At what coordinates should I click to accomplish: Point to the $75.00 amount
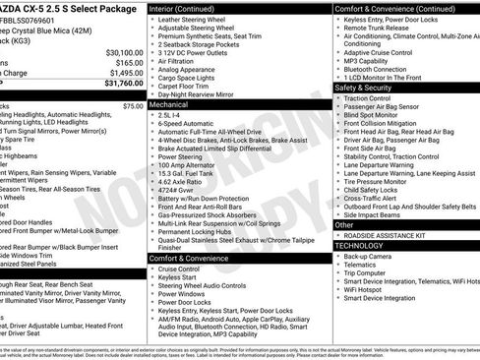pos(133,105)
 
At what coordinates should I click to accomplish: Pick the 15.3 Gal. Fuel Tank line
pos(189,174)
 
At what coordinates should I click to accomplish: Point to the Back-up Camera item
pos(368,256)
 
